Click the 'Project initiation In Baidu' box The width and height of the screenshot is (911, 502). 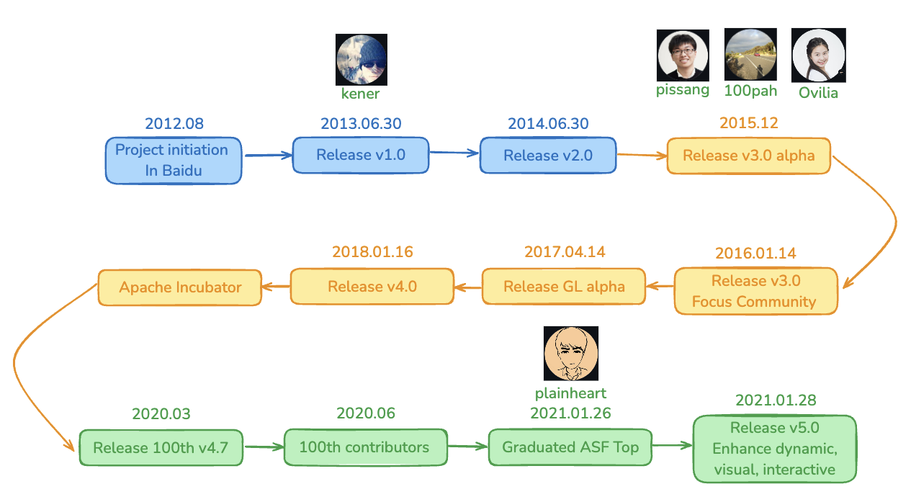pos(174,161)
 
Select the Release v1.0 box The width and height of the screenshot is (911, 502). pos(361,155)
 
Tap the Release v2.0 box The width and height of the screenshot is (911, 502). pos(548,155)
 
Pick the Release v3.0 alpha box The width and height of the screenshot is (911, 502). pos(749,156)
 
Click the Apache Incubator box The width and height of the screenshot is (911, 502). pos(180,287)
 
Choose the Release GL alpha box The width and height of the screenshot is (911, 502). pos(564,287)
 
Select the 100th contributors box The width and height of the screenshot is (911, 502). pos(366,447)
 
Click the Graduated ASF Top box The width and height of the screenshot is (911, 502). pos(570,447)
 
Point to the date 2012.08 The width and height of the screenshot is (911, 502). pos(174,124)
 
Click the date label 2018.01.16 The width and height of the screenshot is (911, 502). pos(372,252)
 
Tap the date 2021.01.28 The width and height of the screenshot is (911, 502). pos(776,400)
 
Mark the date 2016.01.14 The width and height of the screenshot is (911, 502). pos(755,254)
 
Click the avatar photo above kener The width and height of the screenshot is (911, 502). pos(361,60)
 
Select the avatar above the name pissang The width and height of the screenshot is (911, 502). pos(683,55)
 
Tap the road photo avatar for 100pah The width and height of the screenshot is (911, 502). pos(750,54)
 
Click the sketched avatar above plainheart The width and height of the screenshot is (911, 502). pos(571,353)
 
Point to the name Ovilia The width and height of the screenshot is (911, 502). pos(818,93)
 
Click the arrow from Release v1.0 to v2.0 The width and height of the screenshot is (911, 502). pos(454,153)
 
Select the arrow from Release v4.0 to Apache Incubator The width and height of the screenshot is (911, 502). pos(276,287)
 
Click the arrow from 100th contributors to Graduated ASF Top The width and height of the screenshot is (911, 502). pos(468,447)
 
